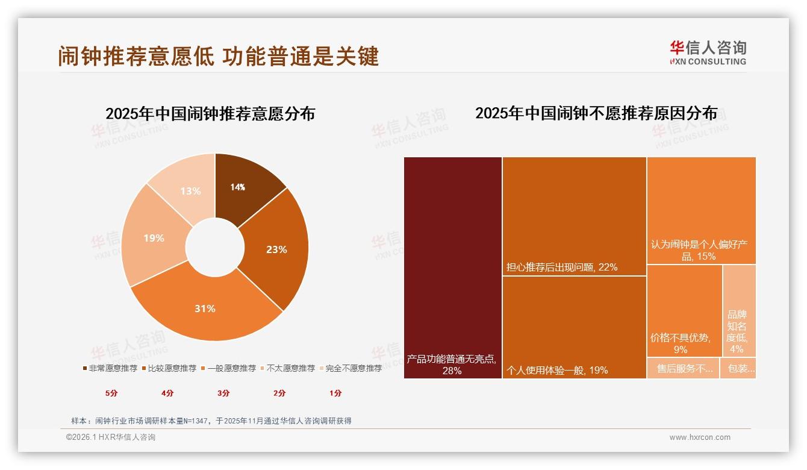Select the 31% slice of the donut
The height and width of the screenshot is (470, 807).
(205, 307)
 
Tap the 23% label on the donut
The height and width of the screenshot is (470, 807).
(276, 249)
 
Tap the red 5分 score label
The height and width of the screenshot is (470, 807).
(111, 393)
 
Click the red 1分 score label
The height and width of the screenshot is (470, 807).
(335, 393)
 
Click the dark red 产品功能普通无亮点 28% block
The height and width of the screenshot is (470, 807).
(452, 268)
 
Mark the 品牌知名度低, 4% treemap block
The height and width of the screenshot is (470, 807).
(738, 310)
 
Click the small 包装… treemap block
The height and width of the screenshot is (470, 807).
(738, 368)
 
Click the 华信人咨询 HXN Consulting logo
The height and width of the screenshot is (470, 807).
(708, 52)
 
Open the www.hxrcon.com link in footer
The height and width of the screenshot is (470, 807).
(699, 437)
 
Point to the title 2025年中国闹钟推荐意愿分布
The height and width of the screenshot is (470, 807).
(210, 114)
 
